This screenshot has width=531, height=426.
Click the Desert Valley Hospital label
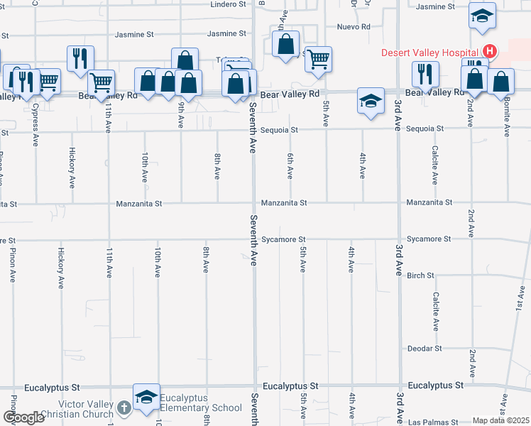coord(431,52)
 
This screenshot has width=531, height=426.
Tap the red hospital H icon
coord(489,51)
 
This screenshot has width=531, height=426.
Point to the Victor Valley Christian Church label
coord(77,409)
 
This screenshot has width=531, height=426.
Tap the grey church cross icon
coord(124,408)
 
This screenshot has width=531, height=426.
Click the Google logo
coord(23,417)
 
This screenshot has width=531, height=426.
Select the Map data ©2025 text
coord(500,420)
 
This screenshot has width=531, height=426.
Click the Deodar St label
coord(425,349)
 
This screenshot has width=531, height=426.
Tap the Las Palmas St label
coord(435,421)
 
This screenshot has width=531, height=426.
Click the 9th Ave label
coord(182,114)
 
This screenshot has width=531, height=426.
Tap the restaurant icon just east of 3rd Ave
coord(425,73)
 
